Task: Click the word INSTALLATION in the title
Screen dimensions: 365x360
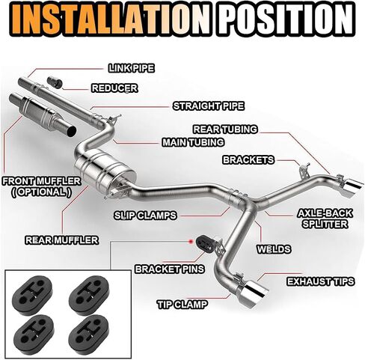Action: coord(111,19)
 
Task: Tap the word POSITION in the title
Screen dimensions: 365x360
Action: coord(287,19)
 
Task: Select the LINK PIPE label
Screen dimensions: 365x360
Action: coord(132,68)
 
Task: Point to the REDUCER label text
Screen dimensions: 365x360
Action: coord(114,88)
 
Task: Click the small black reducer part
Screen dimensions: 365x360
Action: coord(54,82)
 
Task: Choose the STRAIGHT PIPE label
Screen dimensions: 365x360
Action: coord(209,106)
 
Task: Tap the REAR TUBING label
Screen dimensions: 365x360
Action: coord(225,129)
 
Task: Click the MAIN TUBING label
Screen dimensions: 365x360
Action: coord(193,142)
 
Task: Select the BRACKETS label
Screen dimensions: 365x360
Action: coord(248,160)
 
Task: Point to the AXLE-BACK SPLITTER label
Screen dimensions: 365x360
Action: coord(325,219)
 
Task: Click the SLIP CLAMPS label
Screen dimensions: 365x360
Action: coord(145,216)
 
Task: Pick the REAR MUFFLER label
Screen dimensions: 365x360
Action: coord(62,240)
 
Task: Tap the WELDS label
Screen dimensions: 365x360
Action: coord(274,249)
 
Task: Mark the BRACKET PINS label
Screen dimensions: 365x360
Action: coord(170,269)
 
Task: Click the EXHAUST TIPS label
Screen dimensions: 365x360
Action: coord(321,281)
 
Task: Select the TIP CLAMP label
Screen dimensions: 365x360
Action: coord(182,305)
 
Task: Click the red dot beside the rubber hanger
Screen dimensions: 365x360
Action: coord(191,242)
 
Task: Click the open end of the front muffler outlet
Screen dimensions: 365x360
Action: coord(72,131)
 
